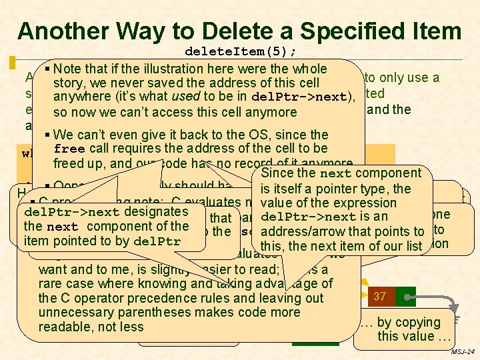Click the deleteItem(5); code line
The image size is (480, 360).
tap(241, 51)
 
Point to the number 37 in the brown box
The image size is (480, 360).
tap(380, 296)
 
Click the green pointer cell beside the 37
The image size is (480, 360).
tap(405, 296)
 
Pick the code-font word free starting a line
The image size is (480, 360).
tap(69, 148)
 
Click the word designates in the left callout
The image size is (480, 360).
tap(156, 211)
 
